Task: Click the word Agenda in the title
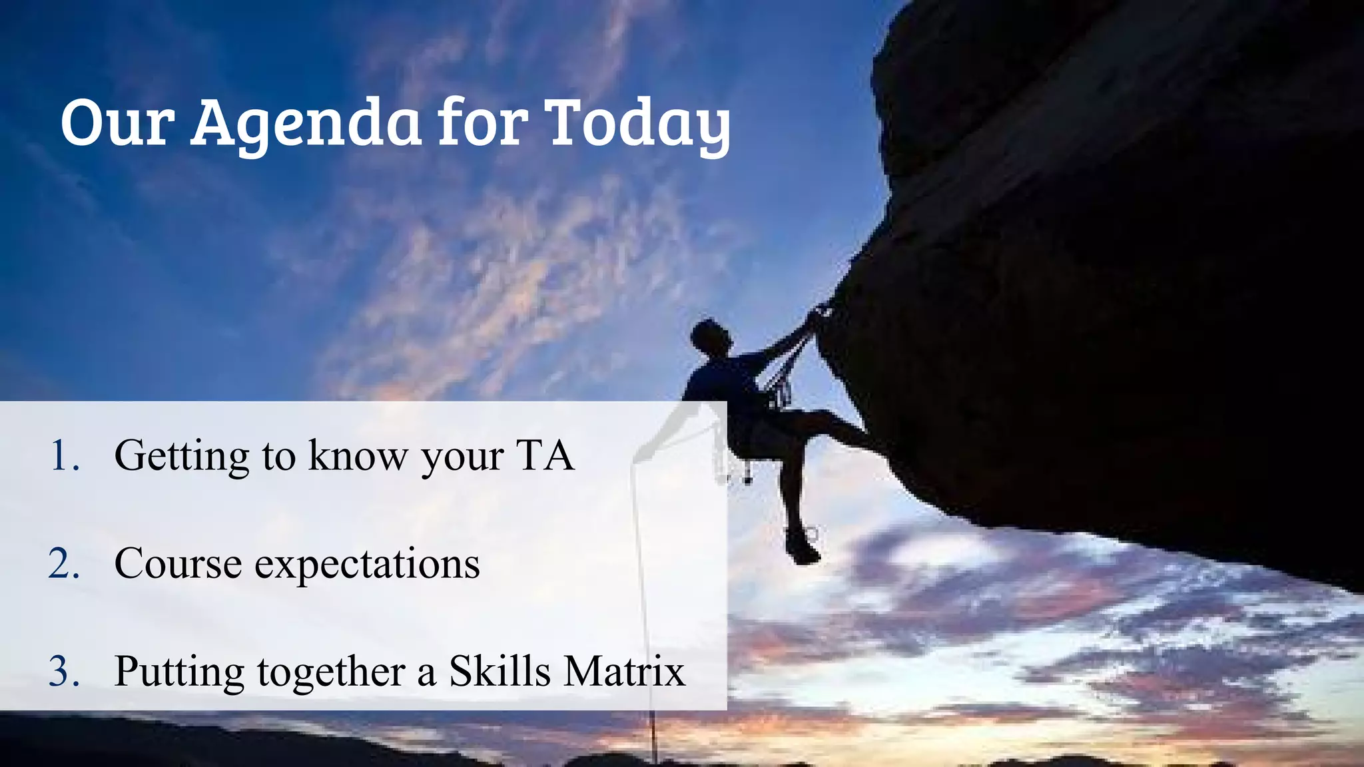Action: coord(306,123)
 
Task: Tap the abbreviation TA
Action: coord(545,456)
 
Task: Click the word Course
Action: coord(178,564)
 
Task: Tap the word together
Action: coord(331,672)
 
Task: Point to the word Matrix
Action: coord(624,670)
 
